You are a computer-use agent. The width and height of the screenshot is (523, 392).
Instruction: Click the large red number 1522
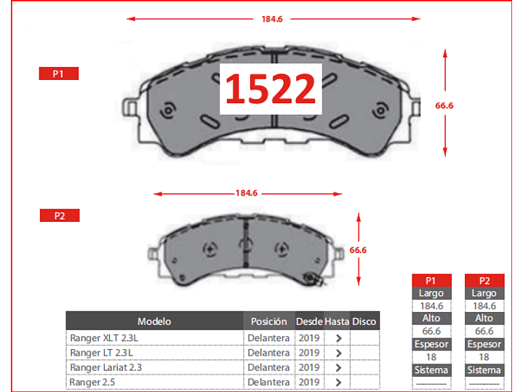pyautogui.click(x=271, y=89)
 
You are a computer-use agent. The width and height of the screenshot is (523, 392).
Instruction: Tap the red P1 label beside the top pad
pyautogui.click(x=59, y=73)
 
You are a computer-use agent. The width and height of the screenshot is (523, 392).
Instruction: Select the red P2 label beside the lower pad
pyautogui.click(x=60, y=215)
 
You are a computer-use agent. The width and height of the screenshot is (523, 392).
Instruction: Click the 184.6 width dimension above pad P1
pyautogui.click(x=272, y=19)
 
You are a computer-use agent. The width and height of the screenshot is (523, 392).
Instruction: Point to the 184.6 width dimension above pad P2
pyautogui.click(x=247, y=193)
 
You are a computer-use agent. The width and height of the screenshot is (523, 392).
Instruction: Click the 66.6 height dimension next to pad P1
pyautogui.click(x=444, y=105)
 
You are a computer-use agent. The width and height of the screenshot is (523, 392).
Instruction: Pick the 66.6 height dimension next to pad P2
pyautogui.click(x=358, y=250)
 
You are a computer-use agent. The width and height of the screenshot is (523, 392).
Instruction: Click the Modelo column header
pyautogui.click(x=154, y=321)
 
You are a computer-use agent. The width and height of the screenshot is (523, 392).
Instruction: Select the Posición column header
pyautogui.click(x=269, y=321)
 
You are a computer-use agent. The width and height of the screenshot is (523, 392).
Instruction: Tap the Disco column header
pyautogui.click(x=364, y=321)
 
